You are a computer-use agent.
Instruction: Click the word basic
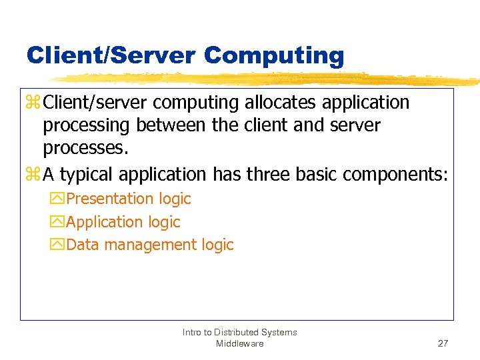point(319,175)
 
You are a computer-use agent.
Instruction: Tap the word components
point(396,175)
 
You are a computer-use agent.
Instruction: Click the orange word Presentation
point(110,199)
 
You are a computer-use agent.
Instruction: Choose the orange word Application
point(105,222)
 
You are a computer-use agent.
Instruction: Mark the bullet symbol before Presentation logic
point(57,199)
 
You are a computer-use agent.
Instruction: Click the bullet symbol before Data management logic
point(57,245)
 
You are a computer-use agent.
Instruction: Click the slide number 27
point(443,343)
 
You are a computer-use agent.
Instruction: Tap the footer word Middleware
point(240,343)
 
